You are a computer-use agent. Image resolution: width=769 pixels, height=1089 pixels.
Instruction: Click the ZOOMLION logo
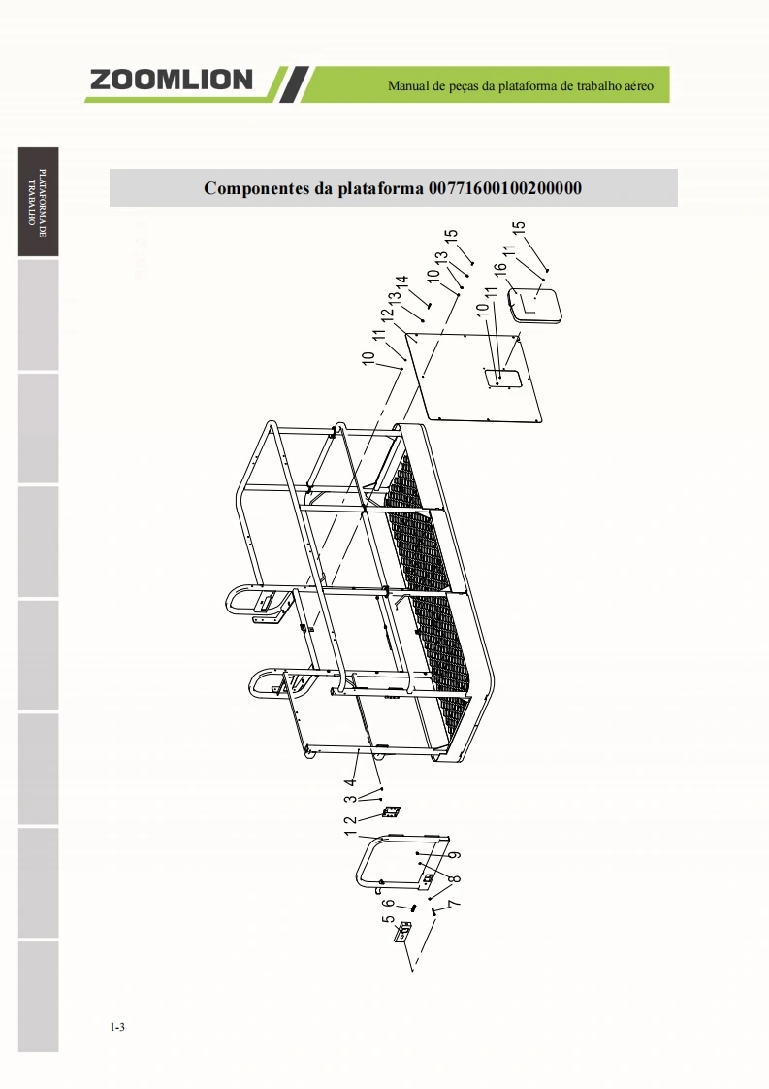[x=171, y=80]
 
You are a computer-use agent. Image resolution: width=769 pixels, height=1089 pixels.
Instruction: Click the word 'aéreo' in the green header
[x=637, y=86]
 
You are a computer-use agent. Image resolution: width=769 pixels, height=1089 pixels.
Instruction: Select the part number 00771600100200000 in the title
[x=505, y=188]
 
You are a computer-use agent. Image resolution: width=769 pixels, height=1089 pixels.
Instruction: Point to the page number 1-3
[x=117, y=1027]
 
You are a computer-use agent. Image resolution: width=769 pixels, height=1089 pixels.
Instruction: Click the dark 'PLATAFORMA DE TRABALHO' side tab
[x=38, y=202]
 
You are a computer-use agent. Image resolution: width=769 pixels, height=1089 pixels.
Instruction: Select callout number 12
[x=387, y=313]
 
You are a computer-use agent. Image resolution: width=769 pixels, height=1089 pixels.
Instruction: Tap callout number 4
[x=350, y=782]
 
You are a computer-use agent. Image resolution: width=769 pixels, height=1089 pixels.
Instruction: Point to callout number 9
[x=456, y=855]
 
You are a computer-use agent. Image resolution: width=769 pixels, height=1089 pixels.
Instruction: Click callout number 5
[x=387, y=919]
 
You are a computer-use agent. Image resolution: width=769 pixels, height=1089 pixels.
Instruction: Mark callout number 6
[x=389, y=904]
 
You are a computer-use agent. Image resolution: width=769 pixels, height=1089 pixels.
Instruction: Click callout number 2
[x=351, y=820]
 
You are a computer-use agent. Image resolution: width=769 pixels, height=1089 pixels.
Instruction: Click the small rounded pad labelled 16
[x=534, y=306]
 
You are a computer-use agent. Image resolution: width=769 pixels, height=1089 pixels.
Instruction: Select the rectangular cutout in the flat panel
[x=501, y=379]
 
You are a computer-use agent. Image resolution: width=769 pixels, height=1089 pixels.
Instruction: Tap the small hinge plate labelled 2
[x=392, y=811]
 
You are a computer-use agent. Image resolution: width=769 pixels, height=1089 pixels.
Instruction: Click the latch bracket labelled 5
[x=402, y=932]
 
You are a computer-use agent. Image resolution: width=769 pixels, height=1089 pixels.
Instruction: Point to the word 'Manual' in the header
[x=407, y=86]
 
